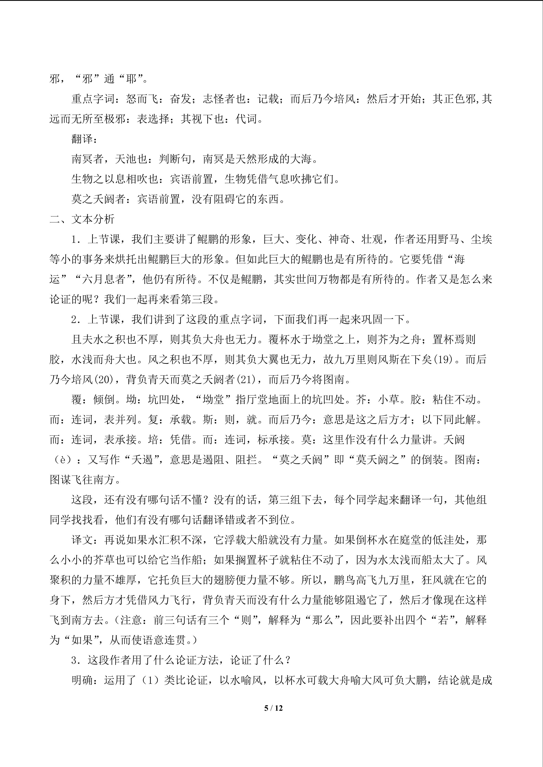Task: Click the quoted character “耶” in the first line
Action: [x=131, y=79]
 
